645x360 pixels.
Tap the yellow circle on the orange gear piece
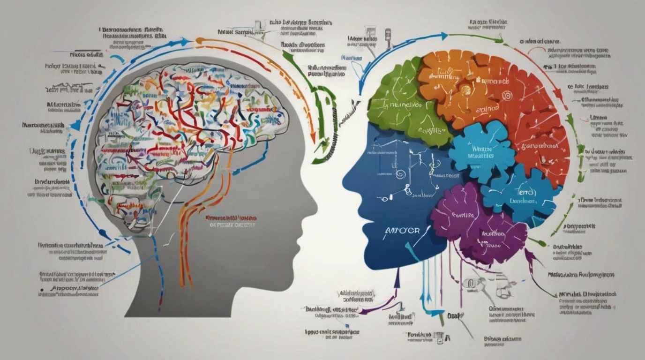pyautogui.click(x=465, y=89)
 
